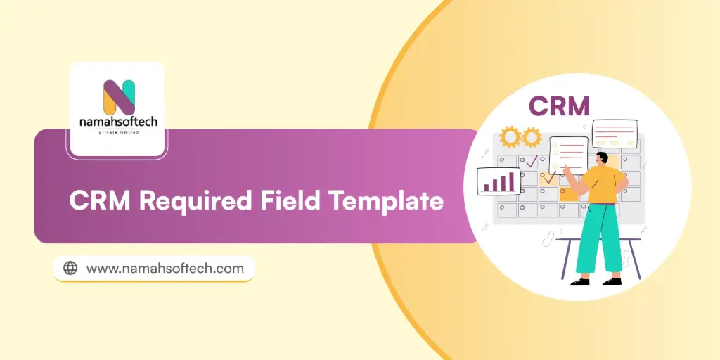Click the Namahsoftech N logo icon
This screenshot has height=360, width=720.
coord(118,97)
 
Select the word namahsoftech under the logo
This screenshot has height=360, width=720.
coord(118,122)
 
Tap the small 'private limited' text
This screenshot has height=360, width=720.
coord(118,132)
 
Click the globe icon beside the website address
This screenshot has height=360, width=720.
coord(70,268)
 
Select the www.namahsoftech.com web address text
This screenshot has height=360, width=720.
coord(165,268)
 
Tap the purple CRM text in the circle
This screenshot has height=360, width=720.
coord(559,105)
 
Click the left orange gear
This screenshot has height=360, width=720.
coord(510,136)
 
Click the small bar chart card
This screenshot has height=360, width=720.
coord(499,181)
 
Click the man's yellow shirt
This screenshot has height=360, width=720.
coord(603,185)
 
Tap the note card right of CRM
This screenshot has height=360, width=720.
coord(615,132)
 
